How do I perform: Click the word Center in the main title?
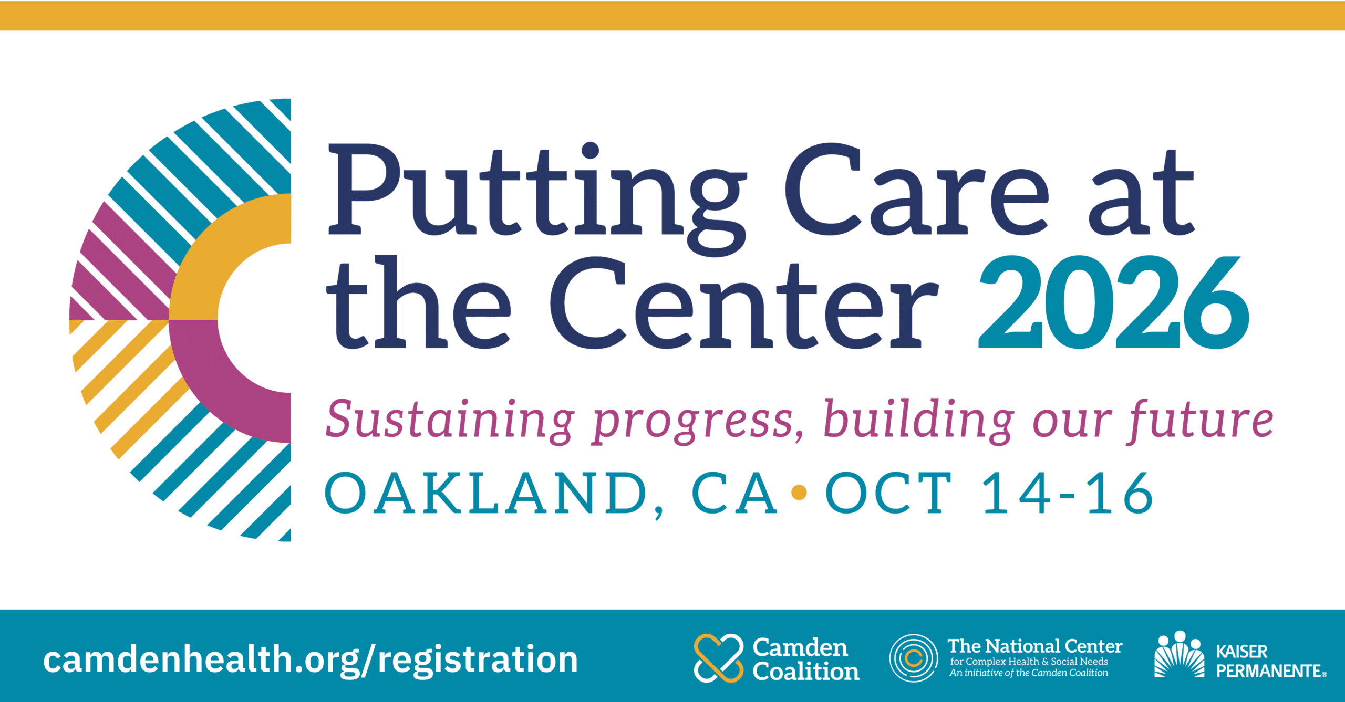(x=744, y=303)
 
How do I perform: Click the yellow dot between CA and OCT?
(x=799, y=493)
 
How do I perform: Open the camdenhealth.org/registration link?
(x=311, y=659)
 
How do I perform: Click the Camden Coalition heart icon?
(x=719, y=658)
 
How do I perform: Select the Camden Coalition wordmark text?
(x=806, y=659)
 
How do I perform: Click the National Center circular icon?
(x=914, y=658)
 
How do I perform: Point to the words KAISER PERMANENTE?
(x=1271, y=661)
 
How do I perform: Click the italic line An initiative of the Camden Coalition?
(x=1028, y=673)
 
